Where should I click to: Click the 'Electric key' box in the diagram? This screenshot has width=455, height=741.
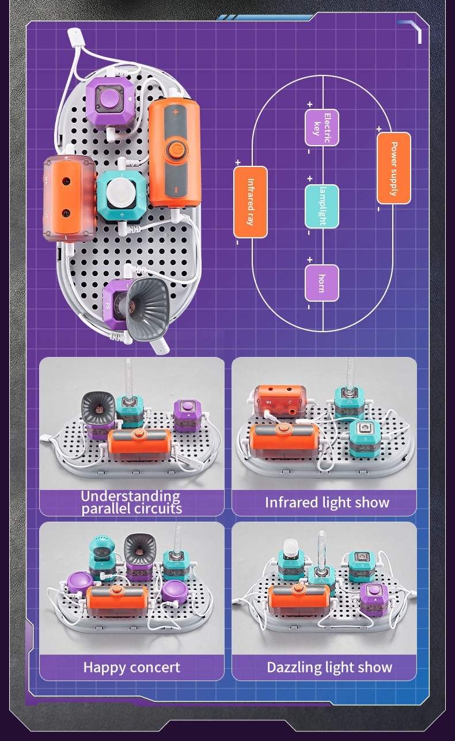coord(322,127)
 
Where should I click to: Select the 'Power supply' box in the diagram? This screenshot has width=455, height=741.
coord(394,168)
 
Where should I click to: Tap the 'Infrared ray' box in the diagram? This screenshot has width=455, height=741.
coord(251,202)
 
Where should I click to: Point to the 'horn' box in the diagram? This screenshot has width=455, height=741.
coord(322,283)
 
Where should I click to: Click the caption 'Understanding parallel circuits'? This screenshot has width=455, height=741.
coord(131,502)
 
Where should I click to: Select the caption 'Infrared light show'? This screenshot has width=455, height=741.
coord(327,503)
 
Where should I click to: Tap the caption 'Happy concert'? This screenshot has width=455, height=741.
coord(131,667)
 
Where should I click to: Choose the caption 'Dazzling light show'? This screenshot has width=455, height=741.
coord(329,667)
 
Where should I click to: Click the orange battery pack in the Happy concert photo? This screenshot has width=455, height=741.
coord(121,600)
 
